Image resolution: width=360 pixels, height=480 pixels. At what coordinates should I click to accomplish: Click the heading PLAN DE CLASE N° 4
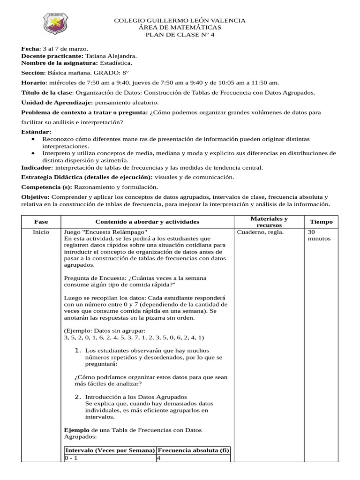point(180,35)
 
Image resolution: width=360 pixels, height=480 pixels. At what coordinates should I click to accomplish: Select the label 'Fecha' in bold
point(30,49)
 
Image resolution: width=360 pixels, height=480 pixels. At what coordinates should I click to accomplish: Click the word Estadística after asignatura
point(116,63)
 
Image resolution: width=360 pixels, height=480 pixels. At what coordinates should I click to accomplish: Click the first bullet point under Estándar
point(32,140)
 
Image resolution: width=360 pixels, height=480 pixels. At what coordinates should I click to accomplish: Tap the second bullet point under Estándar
point(32,153)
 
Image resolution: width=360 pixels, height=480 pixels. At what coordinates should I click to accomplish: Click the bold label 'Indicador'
point(37,167)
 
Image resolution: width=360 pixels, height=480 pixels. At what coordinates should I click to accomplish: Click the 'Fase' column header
point(41,222)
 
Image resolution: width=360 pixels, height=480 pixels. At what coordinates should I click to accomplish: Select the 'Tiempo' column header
point(321,222)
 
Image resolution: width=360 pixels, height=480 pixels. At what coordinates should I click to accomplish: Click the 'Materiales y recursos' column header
point(269,222)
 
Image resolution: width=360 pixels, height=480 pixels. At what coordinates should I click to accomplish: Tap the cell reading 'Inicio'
point(41,232)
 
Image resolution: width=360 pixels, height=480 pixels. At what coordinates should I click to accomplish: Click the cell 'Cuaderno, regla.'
point(260,232)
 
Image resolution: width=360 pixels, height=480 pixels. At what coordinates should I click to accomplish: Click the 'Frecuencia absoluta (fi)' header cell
point(193,450)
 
